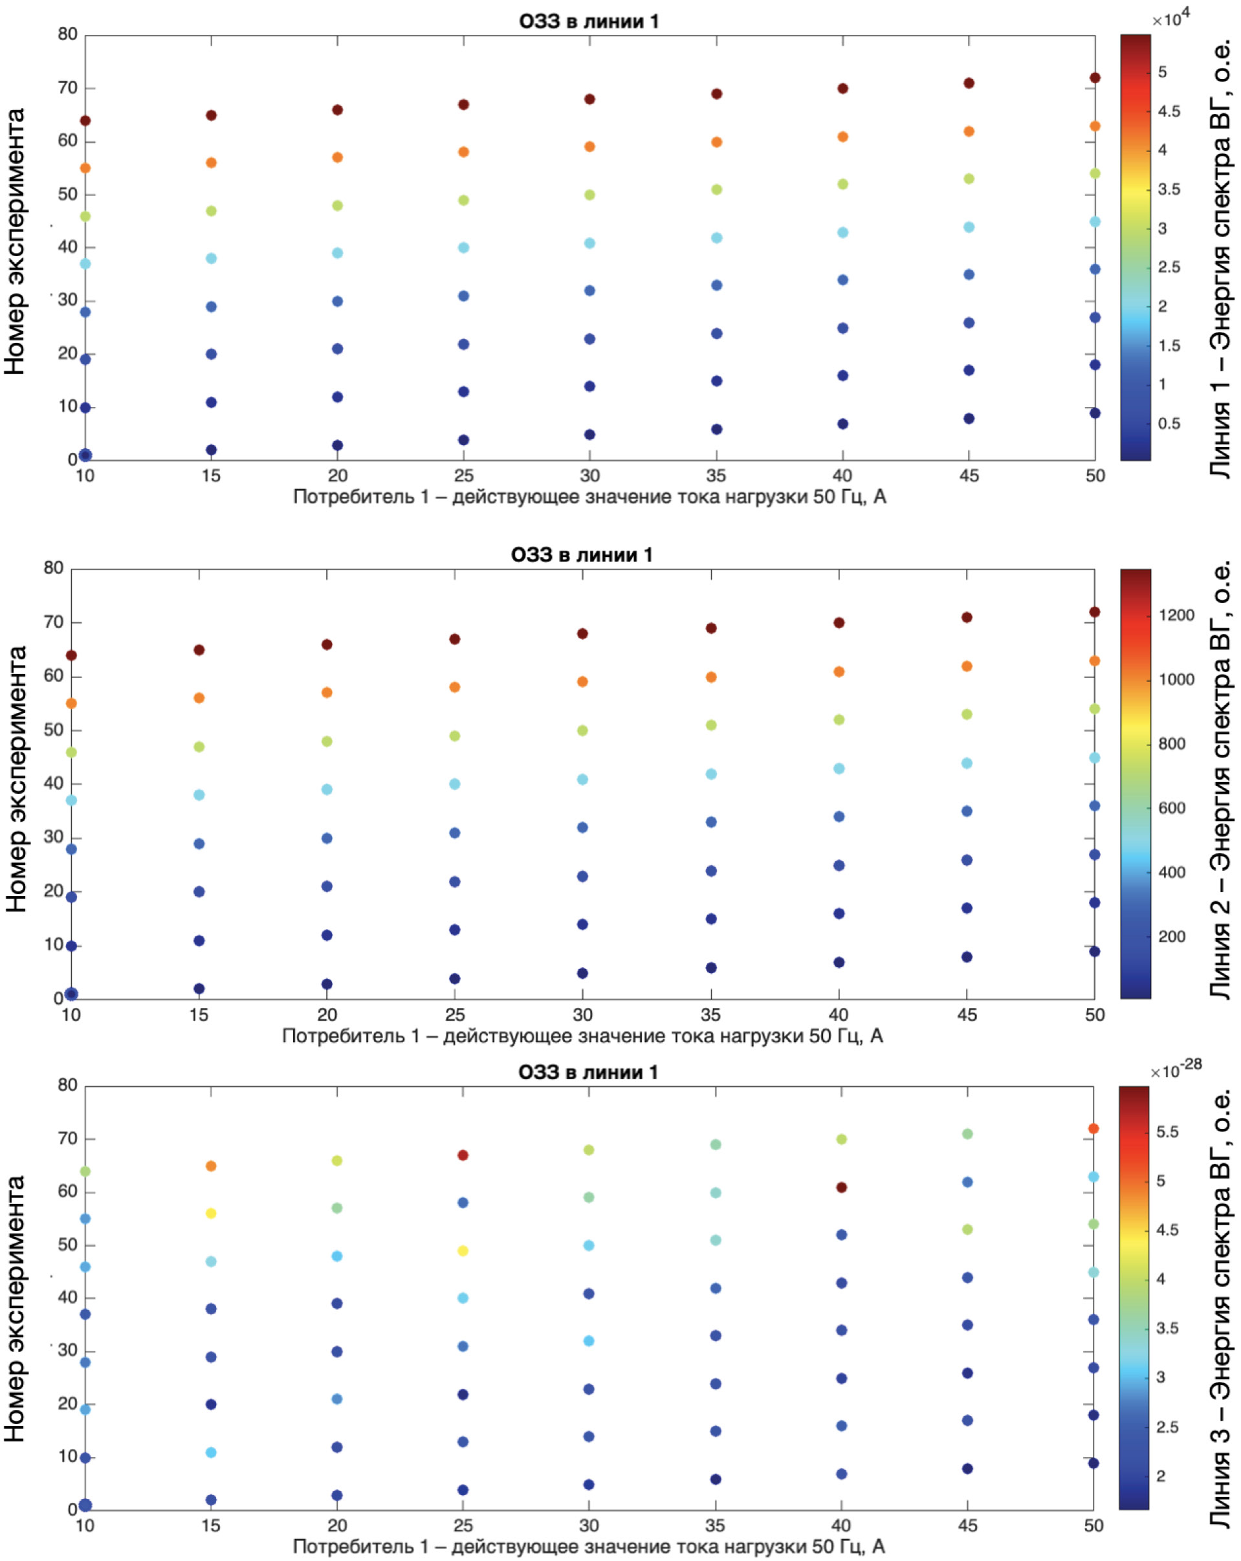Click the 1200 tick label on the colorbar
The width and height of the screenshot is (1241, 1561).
coord(1176,615)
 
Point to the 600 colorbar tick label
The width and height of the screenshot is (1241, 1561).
coord(1172,808)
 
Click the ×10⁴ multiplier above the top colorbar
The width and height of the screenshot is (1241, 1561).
coord(1170,17)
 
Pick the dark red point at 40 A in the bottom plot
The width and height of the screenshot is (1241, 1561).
coord(841,1187)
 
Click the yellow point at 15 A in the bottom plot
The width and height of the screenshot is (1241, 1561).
coord(212,1214)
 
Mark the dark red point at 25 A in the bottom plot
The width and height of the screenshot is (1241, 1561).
coord(463,1155)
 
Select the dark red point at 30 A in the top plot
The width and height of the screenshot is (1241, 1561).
coord(590,99)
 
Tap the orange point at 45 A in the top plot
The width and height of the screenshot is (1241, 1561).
coord(969,132)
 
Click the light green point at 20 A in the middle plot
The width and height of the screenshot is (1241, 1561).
coord(327,741)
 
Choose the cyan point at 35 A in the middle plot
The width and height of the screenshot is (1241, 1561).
coord(711,774)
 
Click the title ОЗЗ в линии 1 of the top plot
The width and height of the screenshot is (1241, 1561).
coord(589,21)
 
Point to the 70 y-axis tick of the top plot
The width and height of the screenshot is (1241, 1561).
coord(67,87)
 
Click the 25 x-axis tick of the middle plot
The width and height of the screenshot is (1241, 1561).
coord(455,1014)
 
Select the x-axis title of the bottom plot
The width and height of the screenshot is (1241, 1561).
coord(589,1547)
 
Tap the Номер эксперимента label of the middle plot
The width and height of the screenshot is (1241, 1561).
coord(16,779)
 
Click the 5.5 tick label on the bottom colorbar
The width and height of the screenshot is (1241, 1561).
coord(1167,1131)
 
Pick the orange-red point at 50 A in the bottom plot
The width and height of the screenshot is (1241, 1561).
coord(1093,1129)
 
